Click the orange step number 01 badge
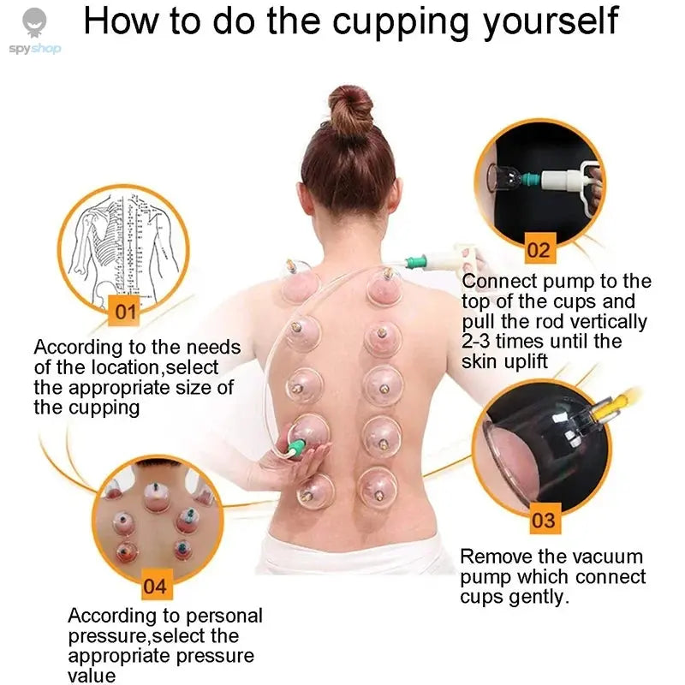pyautogui.click(x=126, y=312)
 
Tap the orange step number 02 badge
pyautogui.click(x=539, y=250)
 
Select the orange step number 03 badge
pyautogui.click(x=543, y=520)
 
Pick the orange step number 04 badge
pyautogui.click(x=155, y=587)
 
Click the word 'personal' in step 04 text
pyautogui.click(x=223, y=616)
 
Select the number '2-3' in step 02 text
pyautogui.click(x=480, y=342)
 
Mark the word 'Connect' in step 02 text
pyautogui.click(x=498, y=282)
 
